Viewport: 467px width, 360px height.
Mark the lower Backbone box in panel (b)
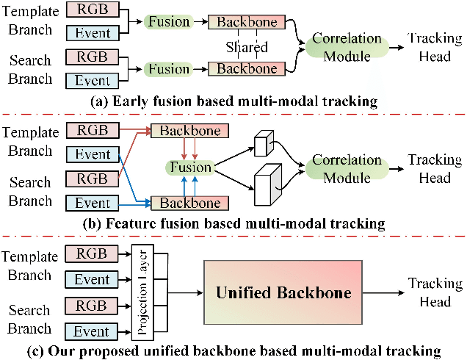[190, 203]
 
